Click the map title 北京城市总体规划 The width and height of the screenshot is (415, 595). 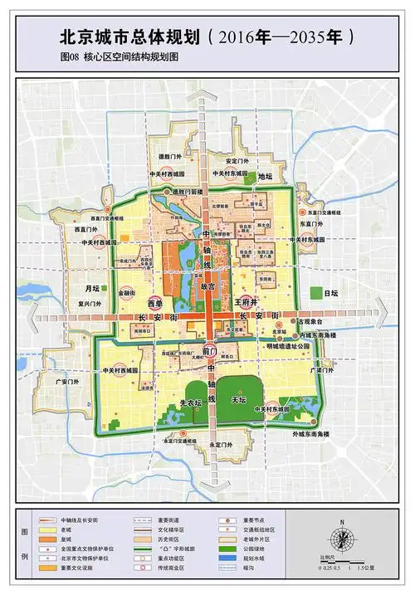tap(129, 37)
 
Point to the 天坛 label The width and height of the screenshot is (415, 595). tap(238, 400)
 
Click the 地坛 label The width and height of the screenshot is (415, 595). tap(266, 176)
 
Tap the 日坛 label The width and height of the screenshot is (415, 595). tap(331, 293)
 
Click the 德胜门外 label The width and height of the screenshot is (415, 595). tap(169, 155)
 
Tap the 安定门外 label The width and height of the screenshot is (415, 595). tap(237, 161)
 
